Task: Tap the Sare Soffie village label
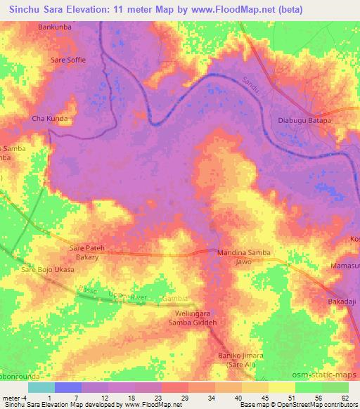pyautogui.click(x=68, y=60)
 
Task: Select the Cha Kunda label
pyautogui.click(x=49, y=119)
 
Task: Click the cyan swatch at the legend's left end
pyautogui.click(x=41, y=387)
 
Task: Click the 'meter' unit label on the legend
pyautogui.click(x=12, y=398)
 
